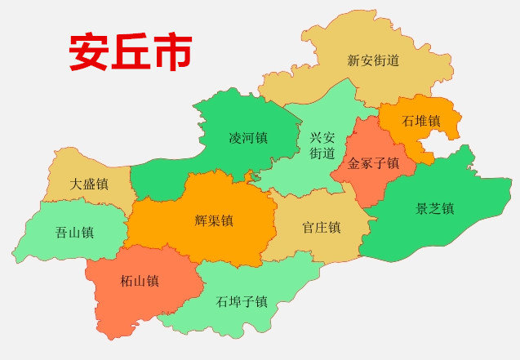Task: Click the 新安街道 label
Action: pyautogui.click(x=373, y=60)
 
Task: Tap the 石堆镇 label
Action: pyautogui.click(x=421, y=121)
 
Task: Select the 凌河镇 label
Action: pyautogui.click(x=248, y=138)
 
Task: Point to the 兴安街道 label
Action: pyautogui.click(x=322, y=145)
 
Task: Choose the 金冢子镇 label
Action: pyautogui.click(x=373, y=163)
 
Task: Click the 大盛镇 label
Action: pyautogui.click(x=89, y=184)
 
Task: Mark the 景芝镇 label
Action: pyautogui.click(x=435, y=208)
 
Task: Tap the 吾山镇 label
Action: pyautogui.click(x=74, y=232)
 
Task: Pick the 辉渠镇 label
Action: pyautogui.click(x=215, y=220)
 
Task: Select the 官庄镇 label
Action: pyautogui.click(x=321, y=227)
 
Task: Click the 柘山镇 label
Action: pyautogui.click(x=140, y=282)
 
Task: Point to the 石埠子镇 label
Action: pyautogui.click(x=242, y=301)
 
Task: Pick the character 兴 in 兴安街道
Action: pyautogui.click(x=316, y=137)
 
